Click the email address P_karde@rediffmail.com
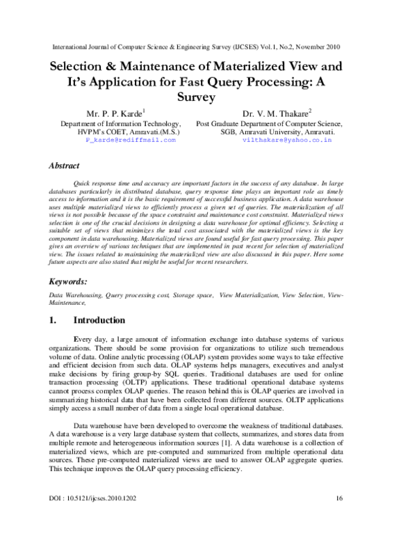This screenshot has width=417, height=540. pyautogui.click(x=131, y=140)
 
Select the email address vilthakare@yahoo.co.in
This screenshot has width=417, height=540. pyautogui.click(x=287, y=140)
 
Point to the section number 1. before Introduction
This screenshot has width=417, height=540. pyautogui.click(x=53, y=321)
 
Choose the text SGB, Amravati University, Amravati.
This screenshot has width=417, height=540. pyautogui.click(x=287, y=132)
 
